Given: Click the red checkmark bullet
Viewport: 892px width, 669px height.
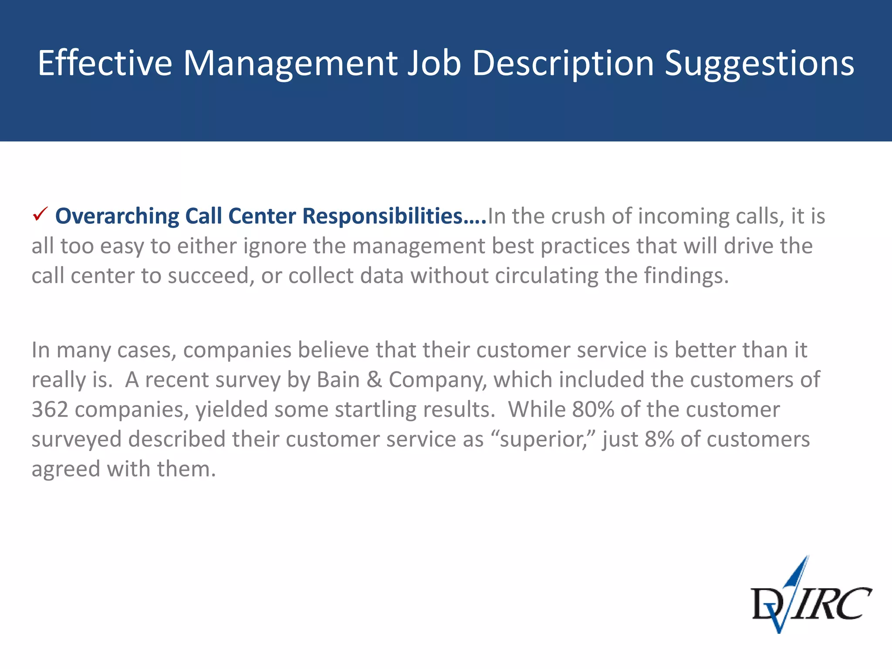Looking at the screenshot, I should coord(40,215).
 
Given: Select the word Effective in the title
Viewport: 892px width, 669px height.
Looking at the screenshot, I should coord(105,63).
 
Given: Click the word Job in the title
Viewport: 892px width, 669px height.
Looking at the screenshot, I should coord(434,63).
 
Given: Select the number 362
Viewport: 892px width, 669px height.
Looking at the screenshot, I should coord(50,409).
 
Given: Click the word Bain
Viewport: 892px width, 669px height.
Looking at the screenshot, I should coord(338,380).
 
